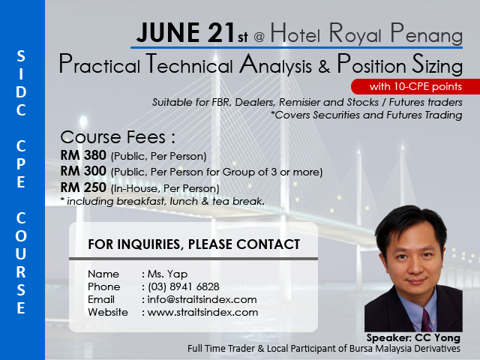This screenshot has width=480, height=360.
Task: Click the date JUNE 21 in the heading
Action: tap(186, 32)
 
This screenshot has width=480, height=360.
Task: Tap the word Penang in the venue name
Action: tap(427, 34)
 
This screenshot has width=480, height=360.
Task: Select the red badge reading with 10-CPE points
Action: tap(415, 87)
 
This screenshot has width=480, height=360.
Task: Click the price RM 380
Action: tap(83, 155)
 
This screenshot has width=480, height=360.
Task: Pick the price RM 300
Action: tap(83, 171)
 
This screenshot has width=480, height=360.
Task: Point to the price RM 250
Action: tap(83, 187)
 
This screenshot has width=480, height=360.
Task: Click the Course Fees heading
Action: tap(118, 137)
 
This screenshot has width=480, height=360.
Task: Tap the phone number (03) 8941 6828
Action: tap(184, 286)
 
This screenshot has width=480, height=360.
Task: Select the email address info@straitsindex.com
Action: tap(202, 299)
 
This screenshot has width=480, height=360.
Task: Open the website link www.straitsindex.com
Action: tap(202, 312)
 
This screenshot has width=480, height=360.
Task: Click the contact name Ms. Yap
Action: tap(167, 274)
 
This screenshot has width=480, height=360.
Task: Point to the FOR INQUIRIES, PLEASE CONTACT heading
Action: tap(193, 244)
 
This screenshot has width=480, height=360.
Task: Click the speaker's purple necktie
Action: tap(427, 320)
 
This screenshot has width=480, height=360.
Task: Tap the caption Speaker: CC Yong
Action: tap(413, 338)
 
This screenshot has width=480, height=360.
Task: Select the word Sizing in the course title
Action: tap(437, 65)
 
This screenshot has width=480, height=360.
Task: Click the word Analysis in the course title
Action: tap(275, 65)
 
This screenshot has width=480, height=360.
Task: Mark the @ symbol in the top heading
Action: tap(259, 37)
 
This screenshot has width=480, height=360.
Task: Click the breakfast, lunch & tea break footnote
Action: tap(163, 202)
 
